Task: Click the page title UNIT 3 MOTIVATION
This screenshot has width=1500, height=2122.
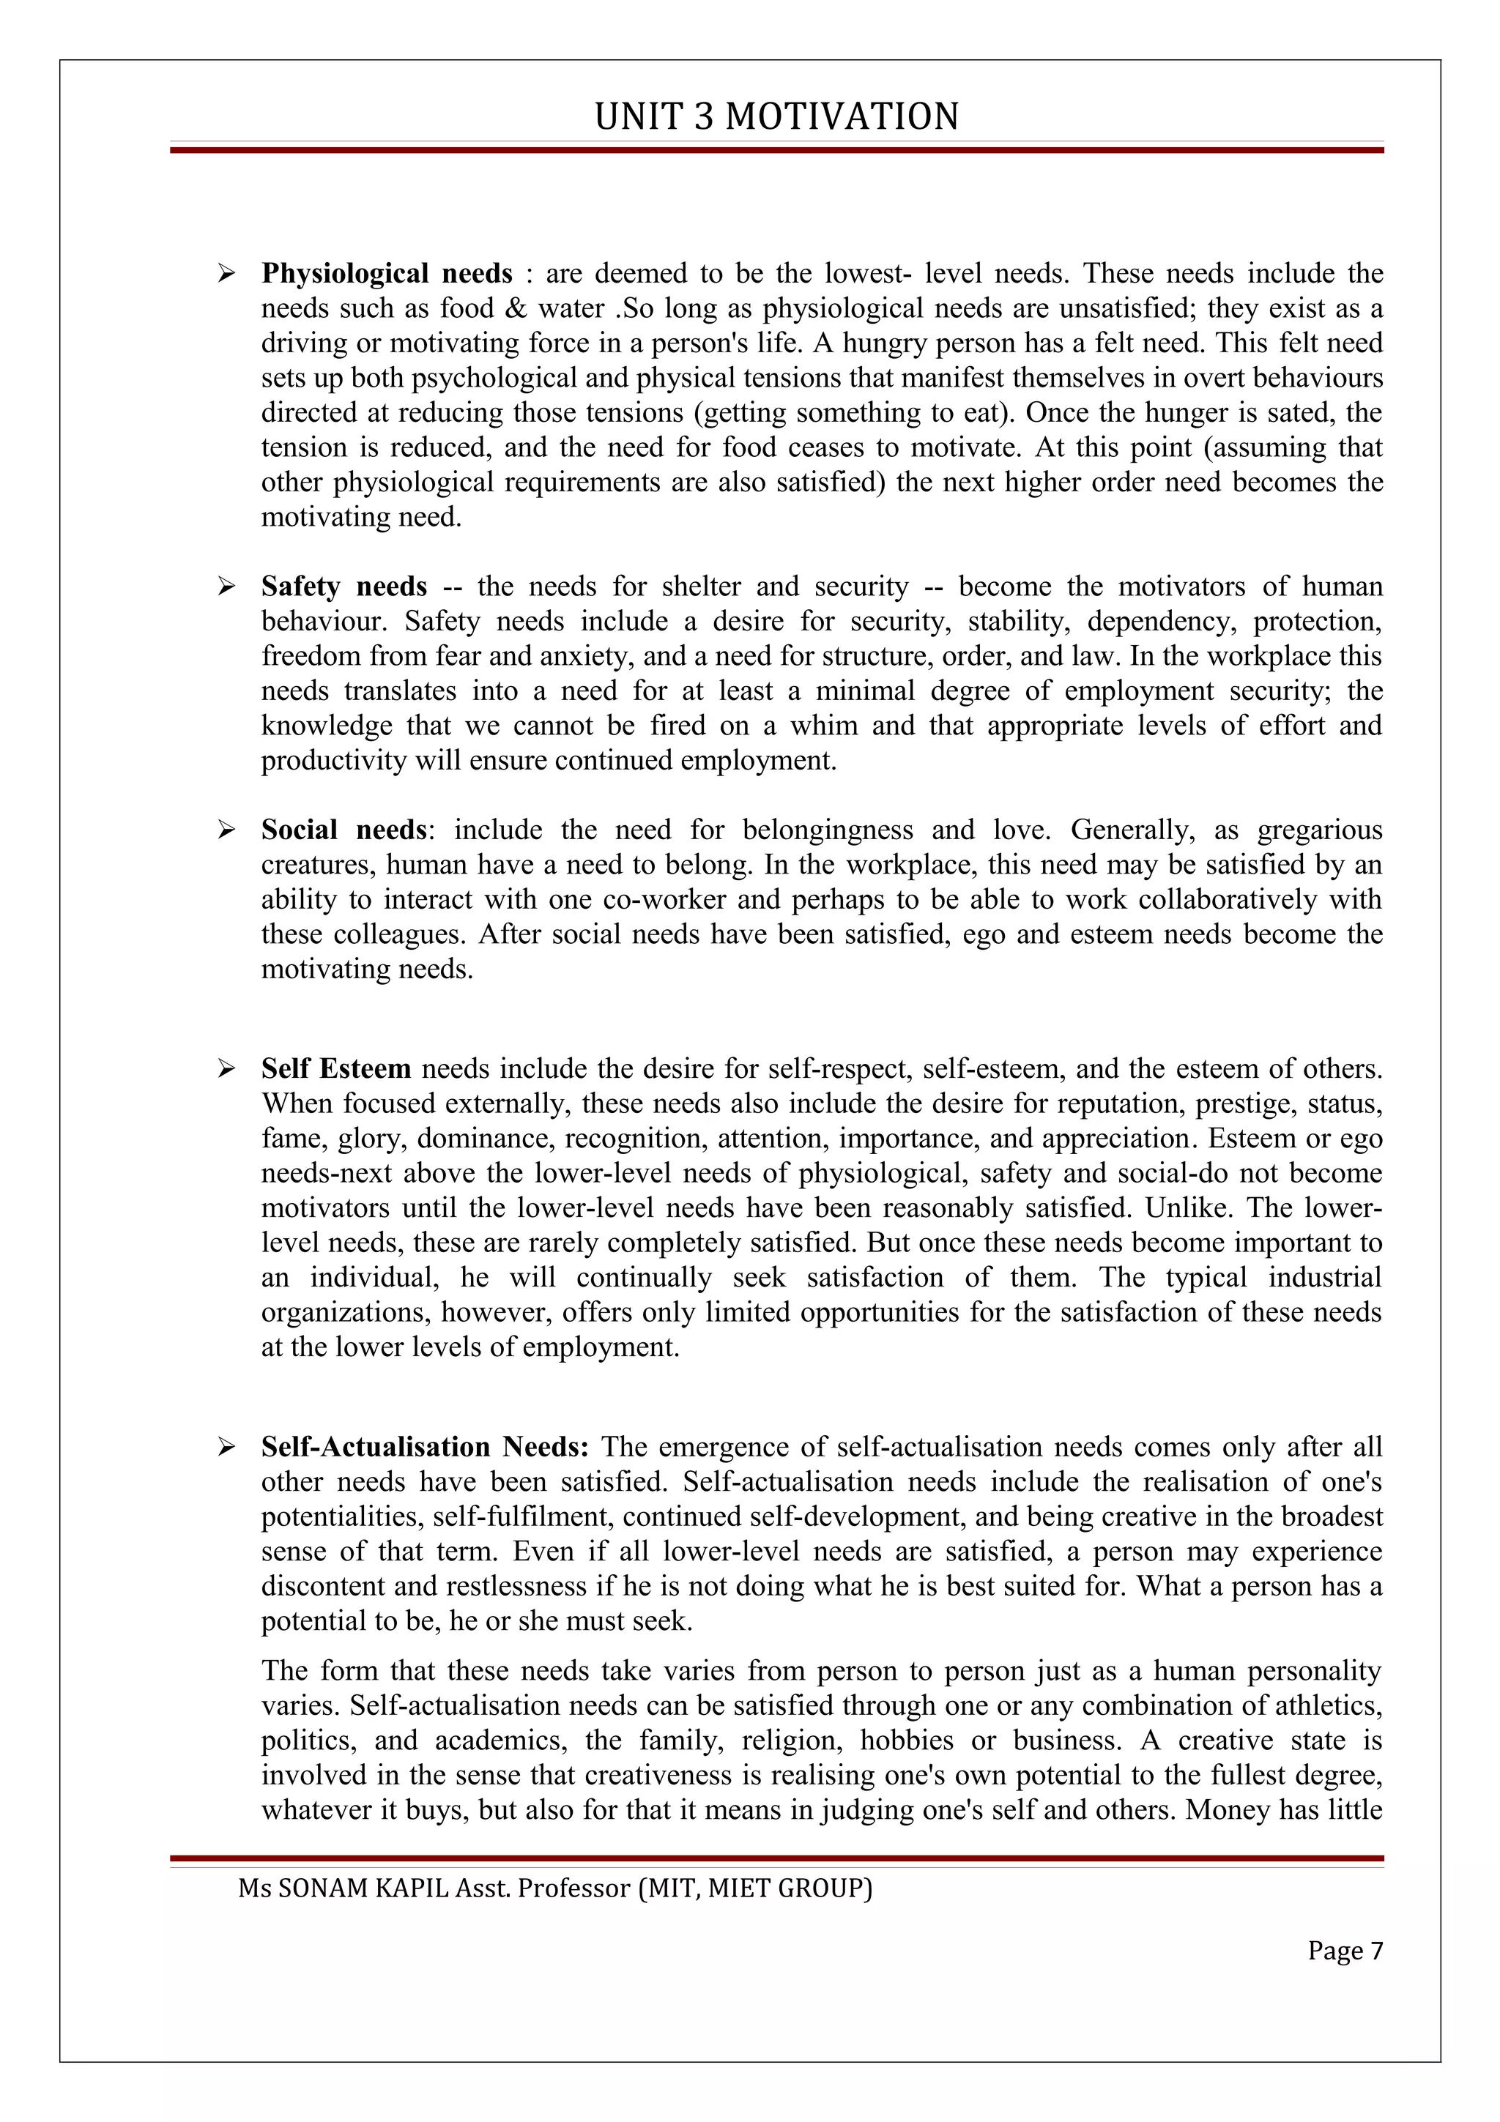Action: pyautogui.click(x=776, y=117)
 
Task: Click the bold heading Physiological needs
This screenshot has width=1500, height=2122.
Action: pyautogui.click(x=386, y=274)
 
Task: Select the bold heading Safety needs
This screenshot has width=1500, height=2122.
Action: pyautogui.click(x=344, y=587)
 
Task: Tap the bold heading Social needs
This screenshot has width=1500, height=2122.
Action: pyautogui.click(x=344, y=830)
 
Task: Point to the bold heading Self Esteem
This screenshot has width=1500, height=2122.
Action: pyautogui.click(x=335, y=1069)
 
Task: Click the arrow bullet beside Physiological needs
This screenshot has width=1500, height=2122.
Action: pyautogui.click(x=226, y=274)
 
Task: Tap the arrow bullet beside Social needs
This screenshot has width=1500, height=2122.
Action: pyautogui.click(x=226, y=830)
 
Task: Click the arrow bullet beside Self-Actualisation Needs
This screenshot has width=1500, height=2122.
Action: pyautogui.click(x=226, y=1448)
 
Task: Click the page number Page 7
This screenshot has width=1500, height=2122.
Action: pyautogui.click(x=1345, y=1951)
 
